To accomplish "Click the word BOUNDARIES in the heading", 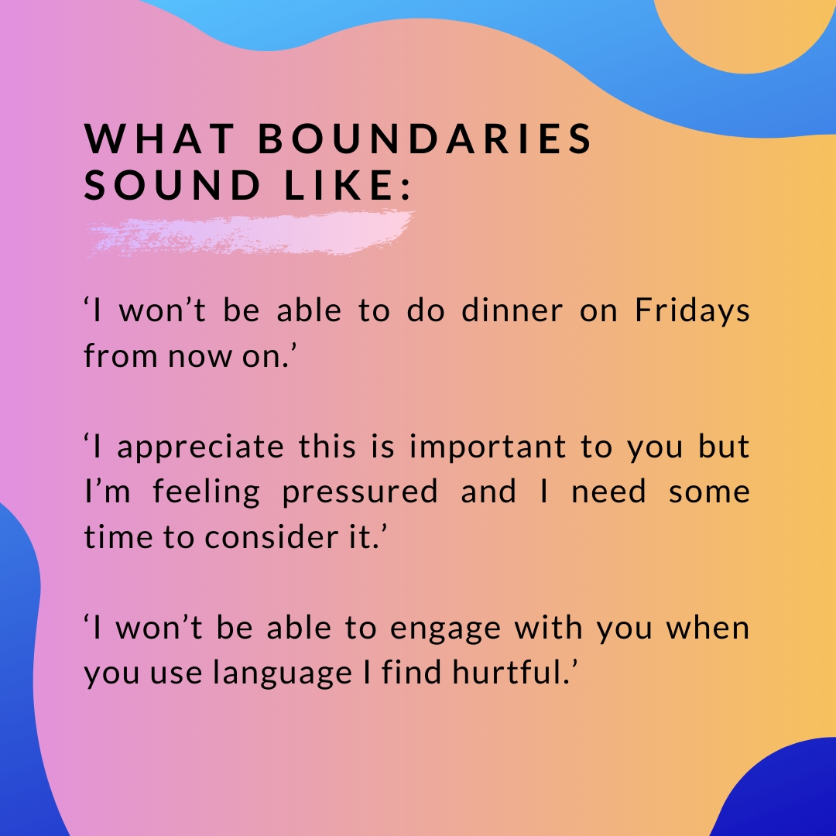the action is tap(425, 139).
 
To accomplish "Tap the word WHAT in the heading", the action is tap(159, 139).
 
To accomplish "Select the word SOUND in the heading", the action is tap(172, 185).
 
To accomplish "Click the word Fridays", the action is tap(692, 311).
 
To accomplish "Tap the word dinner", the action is tap(512, 310).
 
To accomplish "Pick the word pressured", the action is tap(360, 492).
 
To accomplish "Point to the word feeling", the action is tap(207, 492).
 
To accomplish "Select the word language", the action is tap(283, 673).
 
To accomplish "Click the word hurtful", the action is tap(511, 672).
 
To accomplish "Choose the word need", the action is tap(608, 492).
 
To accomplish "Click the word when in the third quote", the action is tap(708, 628).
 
